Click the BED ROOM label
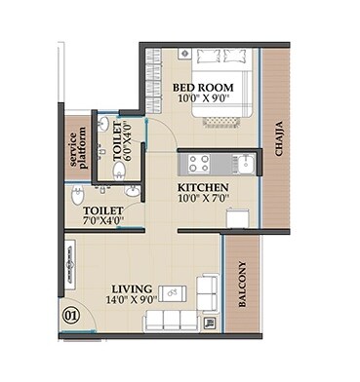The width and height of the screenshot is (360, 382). pos(203,88)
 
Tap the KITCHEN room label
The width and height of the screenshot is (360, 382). pos(203,188)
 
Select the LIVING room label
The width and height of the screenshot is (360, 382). pos(132,288)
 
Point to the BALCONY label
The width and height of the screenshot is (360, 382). pos(242,285)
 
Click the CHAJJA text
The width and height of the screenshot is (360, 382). pos(279,138)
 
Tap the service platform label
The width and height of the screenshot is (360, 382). pos(78,148)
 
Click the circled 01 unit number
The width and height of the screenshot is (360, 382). pos(71,316)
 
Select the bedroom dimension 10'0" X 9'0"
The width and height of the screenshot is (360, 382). pos(202,98)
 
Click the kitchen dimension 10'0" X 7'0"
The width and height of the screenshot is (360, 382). pos(204,198)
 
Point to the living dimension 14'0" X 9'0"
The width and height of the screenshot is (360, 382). pos(132,299)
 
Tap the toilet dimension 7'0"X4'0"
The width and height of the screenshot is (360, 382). pos(103,220)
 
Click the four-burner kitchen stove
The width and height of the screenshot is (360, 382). pos(199,164)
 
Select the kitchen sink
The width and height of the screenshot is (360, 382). pos(246,164)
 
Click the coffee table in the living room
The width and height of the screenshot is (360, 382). pos(173,293)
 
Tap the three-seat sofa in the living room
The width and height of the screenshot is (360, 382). pos(172,321)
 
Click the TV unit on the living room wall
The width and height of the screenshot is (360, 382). pos(69,266)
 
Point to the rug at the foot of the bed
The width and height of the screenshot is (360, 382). pos(221,122)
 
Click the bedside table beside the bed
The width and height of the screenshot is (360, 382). pos(184,54)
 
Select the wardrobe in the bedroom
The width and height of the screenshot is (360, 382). pos(153,80)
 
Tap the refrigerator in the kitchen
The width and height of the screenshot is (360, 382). pos(238,216)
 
